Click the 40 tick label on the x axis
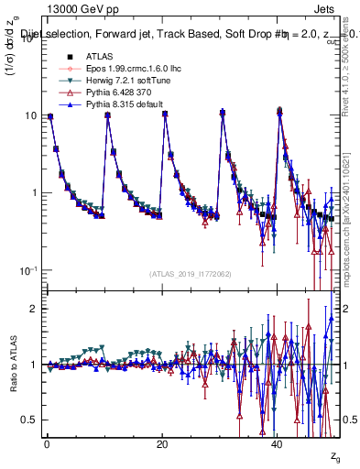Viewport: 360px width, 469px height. (x=278, y=444)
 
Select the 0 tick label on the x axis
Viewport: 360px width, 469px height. (x=47, y=444)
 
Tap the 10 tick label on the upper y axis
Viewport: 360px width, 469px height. (x=28, y=116)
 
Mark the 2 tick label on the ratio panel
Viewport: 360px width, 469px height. (x=32, y=309)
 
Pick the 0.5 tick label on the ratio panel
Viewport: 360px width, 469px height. (x=27, y=420)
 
